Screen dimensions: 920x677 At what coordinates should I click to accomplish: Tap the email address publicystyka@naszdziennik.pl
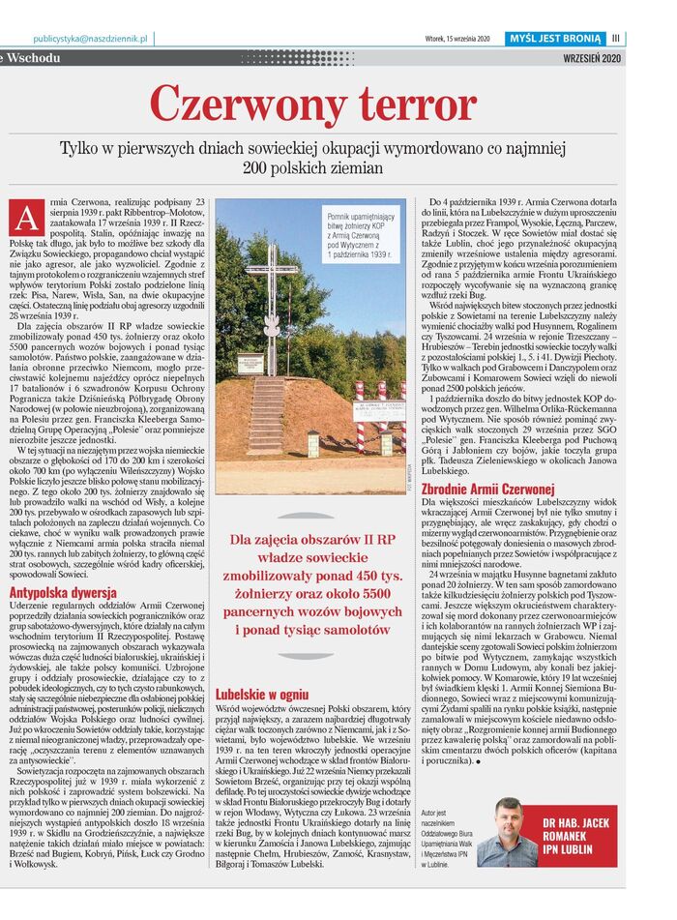coord(89,38)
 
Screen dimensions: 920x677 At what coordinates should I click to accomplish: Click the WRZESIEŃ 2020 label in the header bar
coord(590,58)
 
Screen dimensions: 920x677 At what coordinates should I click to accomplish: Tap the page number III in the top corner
coord(615,38)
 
